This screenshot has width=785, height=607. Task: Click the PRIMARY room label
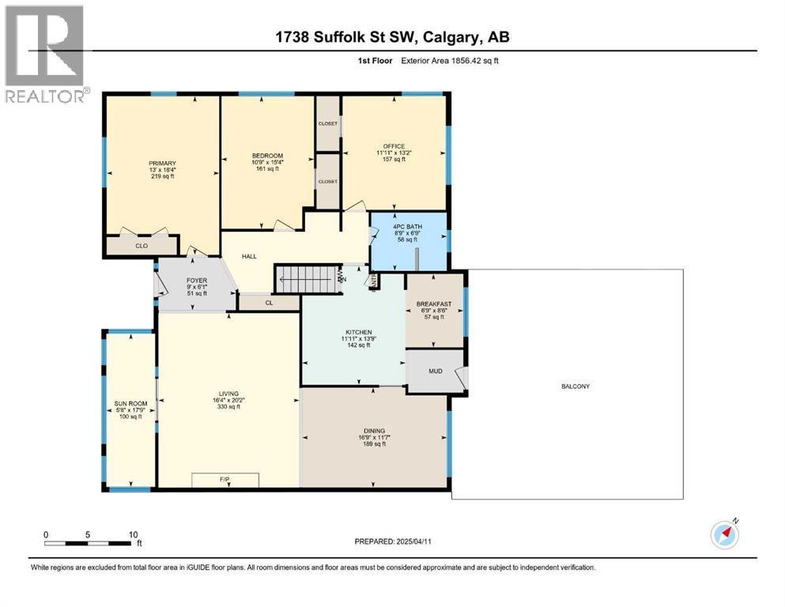pyautogui.click(x=161, y=164)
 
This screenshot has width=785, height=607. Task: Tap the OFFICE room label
pyautogui.click(x=394, y=146)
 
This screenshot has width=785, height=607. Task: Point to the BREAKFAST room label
pyautogui.click(x=434, y=303)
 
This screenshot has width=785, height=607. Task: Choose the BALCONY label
pyautogui.click(x=576, y=386)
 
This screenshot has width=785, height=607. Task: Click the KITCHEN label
pyautogui.click(x=353, y=332)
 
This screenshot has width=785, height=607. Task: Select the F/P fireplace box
pyautogui.click(x=225, y=480)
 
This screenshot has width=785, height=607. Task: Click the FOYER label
pyautogui.click(x=195, y=279)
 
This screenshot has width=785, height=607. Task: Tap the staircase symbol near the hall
pyautogui.click(x=305, y=278)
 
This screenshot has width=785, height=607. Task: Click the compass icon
pyautogui.click(x=724, y=535)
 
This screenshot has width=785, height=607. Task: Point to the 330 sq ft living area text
pyautogui.click(x=228, y=407)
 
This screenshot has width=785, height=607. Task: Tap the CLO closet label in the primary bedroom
pyautogui.click(x=142, y=246)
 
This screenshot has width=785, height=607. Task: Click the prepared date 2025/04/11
pyautogui.click(x=392, y=541)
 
